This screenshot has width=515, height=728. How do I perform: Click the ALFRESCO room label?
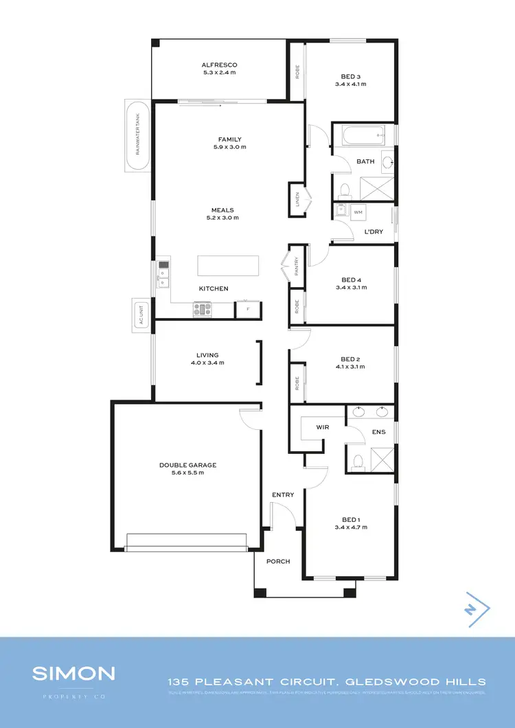[219, 65]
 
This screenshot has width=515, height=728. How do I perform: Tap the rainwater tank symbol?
[137, 135]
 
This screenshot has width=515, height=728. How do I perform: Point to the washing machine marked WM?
[357, 213]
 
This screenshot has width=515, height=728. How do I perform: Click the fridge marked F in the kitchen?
[248, 310]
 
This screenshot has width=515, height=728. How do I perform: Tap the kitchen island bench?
[229, 266]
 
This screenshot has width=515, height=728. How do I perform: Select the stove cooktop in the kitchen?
[203, 310]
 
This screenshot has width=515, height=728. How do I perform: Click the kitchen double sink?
[163, 273]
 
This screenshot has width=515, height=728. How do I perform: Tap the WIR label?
[324, 427]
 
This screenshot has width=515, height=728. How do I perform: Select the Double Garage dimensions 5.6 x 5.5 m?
[187, 473]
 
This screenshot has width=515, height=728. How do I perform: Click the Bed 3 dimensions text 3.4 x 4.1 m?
[350, 84]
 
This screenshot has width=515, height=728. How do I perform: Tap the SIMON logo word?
[73, 673]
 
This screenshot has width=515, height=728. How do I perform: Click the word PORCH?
[278, 561]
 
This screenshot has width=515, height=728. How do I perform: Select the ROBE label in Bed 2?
[297, 383]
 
